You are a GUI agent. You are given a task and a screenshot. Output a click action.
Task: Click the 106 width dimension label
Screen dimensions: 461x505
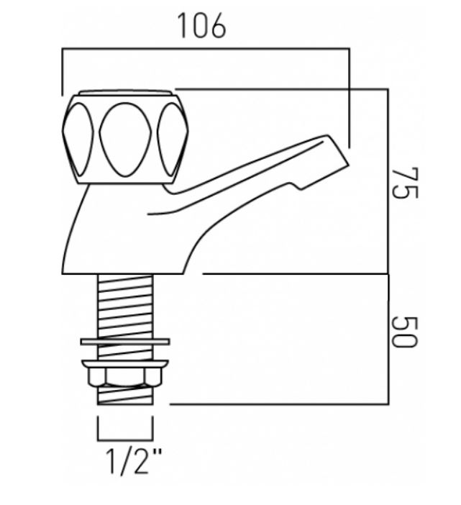click(x=202, y=26)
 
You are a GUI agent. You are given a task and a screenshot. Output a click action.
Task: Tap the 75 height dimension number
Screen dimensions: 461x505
click(x=405, y=183)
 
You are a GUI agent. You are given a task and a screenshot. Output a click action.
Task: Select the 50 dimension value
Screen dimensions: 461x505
click(x=405, y=332)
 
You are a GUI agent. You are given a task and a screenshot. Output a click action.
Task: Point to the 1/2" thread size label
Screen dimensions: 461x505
click(x=134, y=461)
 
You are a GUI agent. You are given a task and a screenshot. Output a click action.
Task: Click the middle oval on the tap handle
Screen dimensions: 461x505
click(x=125, y=140)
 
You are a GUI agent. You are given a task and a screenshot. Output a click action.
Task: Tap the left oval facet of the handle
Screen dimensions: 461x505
click(x=78, y=140)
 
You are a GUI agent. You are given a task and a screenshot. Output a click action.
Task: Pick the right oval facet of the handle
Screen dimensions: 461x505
click(x=172, y=140)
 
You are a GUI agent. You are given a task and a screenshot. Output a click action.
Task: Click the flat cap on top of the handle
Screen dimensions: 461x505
click(x=125, y=93)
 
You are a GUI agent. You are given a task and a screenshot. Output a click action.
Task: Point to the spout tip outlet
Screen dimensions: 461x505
click(x=338, y=151)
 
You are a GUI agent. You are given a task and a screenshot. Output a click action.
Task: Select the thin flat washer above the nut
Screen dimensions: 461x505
click(x=125, y=342)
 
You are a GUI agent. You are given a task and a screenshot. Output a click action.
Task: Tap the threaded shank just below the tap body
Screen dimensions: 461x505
click(x=125, y=306)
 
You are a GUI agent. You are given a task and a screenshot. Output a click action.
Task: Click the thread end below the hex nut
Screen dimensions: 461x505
click(x=125, y=395)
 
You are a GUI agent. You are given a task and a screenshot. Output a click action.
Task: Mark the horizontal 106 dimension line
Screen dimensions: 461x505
click(x=206, y=49)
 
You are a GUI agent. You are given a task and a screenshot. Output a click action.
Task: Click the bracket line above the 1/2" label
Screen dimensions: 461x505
click(x=125, y=440)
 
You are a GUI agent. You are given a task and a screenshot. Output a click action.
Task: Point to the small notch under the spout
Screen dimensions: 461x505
click(x=298, y=186)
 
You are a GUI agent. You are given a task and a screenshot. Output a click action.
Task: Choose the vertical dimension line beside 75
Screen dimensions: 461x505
click(x=388, y=181)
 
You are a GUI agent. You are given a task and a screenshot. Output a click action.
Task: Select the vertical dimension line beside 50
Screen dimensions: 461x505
click(x=388, y=339)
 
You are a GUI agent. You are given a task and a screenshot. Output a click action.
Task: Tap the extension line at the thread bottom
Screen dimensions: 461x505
click(x=279, y=404)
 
